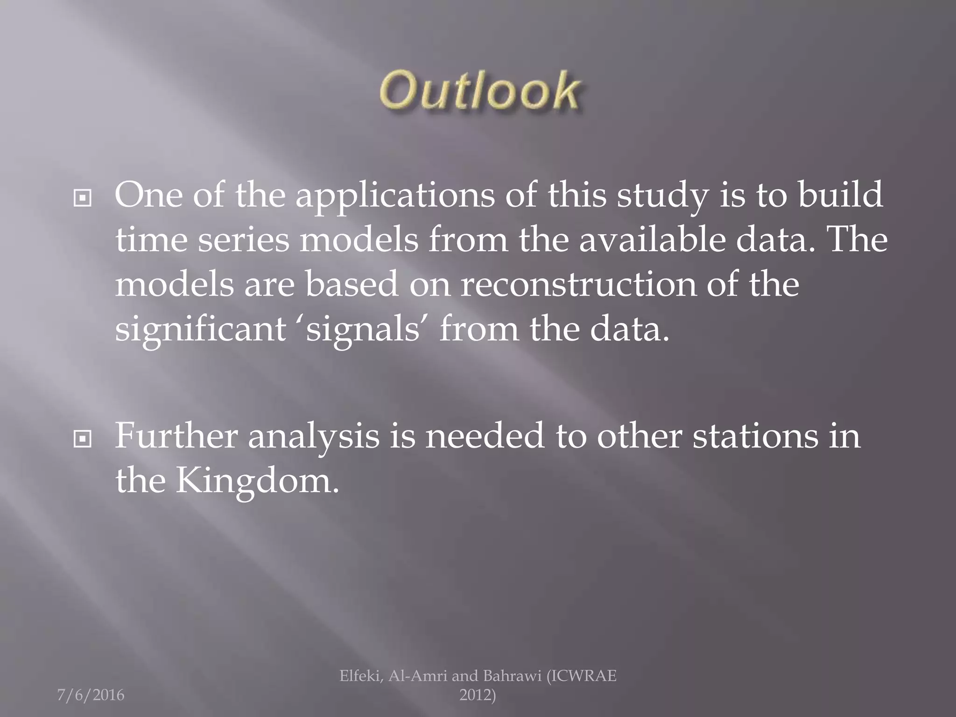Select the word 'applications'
(395, 196)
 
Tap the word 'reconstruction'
(577, 285)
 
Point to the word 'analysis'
(313, 437)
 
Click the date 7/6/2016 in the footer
(91, 695)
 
